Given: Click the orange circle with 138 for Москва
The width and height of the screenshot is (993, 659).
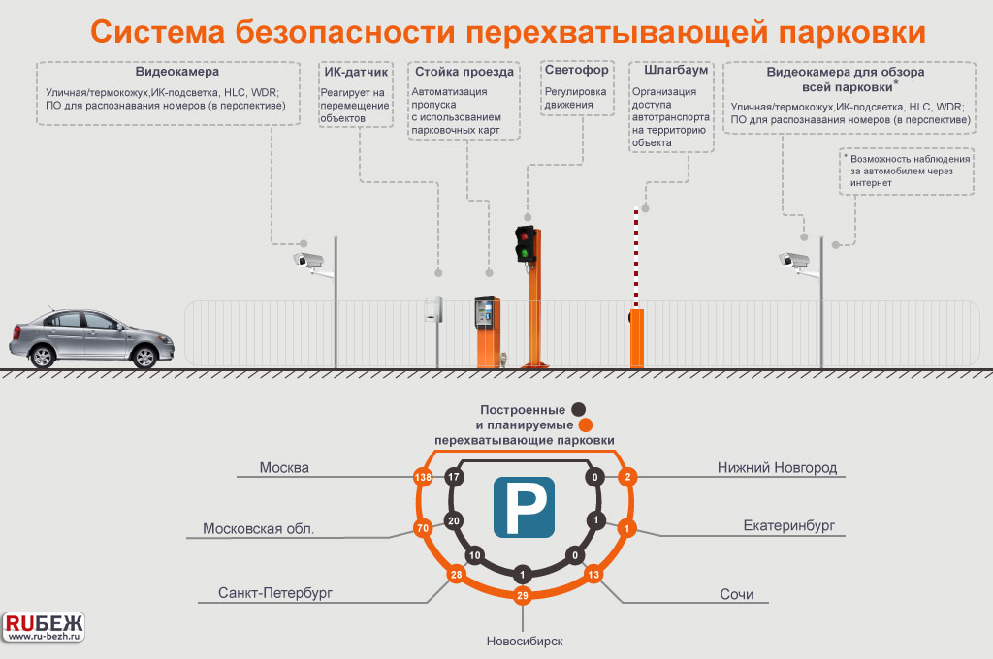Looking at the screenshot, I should [x=422, y=478].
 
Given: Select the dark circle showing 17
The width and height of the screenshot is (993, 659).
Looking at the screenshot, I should [x=453, y=478].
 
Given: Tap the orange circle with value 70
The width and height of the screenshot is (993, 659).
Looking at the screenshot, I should [x=422, y=529].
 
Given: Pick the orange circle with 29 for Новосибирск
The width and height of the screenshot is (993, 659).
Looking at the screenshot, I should [x=522, y=596].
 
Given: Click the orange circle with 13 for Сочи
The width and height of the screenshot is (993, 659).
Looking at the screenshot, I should [x=594, y=576].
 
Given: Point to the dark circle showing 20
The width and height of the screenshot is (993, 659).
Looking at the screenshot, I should [x=453, y=520].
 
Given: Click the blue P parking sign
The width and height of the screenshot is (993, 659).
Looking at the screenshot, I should [x=524, y=507].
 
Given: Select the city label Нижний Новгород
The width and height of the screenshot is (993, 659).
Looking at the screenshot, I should [x=777, y=468].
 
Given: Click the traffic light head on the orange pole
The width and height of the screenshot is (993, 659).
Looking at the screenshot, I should [x=526, y=243].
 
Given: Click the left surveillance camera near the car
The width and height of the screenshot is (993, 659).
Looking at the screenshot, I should [x=308, y=260].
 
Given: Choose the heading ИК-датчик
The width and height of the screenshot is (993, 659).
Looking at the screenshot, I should [x=356, y=72].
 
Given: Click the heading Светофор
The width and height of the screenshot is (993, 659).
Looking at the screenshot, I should [x=576, y=71].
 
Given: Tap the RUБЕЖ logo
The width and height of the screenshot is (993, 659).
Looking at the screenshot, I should [x=45, y=624].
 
